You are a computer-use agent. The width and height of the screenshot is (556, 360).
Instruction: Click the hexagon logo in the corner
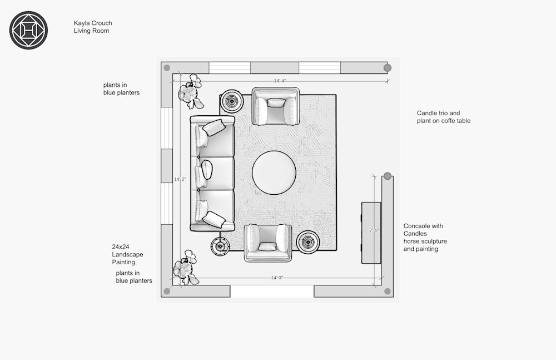28,30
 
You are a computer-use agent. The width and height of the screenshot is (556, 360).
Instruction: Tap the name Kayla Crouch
93,23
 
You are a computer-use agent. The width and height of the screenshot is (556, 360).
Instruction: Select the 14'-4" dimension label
280,81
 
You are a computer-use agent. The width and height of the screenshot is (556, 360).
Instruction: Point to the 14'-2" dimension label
180,179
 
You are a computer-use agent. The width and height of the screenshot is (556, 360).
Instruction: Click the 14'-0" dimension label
277,277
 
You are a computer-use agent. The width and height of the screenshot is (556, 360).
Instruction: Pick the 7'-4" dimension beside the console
374,230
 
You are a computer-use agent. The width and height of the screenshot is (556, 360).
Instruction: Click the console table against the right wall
371,233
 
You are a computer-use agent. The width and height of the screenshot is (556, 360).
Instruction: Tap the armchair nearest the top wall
276,106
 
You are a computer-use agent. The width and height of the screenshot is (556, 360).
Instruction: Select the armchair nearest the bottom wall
267,243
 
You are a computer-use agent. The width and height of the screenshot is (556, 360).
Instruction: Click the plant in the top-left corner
190,92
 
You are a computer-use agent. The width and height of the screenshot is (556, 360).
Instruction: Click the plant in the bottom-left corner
185,268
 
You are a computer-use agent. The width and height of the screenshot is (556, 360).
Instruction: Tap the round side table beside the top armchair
231,102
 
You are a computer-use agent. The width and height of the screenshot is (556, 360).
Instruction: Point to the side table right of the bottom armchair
307,242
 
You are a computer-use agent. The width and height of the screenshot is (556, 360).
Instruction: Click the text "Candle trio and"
438,113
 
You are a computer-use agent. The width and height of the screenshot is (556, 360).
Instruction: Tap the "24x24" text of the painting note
121,246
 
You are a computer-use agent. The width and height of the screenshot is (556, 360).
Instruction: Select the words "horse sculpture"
425,241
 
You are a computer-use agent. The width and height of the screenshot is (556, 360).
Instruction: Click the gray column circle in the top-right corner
388,68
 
